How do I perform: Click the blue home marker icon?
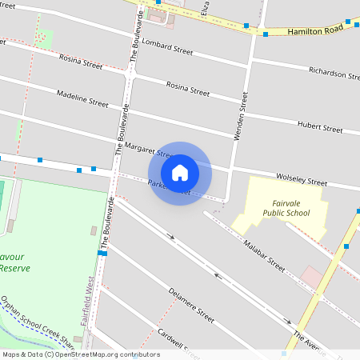tap(179, 173)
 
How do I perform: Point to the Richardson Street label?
tap(334, 74)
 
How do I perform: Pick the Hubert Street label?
tap(320, 126)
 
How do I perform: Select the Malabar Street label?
tap(265, 255)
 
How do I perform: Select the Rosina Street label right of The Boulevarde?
tap(187, 89)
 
